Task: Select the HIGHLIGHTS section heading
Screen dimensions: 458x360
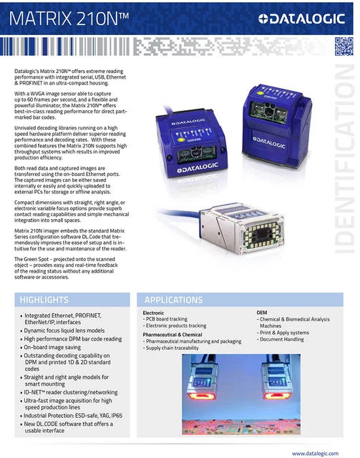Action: click(44, 299)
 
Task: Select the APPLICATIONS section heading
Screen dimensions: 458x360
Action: click(174, 299)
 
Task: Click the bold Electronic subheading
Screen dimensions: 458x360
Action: click(154, 313)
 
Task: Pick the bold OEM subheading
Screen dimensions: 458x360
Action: click(262, 313)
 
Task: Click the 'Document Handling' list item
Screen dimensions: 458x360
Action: click(281, 339)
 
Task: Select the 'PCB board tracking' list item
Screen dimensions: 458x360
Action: click(166, 319)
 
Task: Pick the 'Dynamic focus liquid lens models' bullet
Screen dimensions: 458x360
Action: click(65, 331)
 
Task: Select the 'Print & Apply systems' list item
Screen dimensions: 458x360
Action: click(284, 332)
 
